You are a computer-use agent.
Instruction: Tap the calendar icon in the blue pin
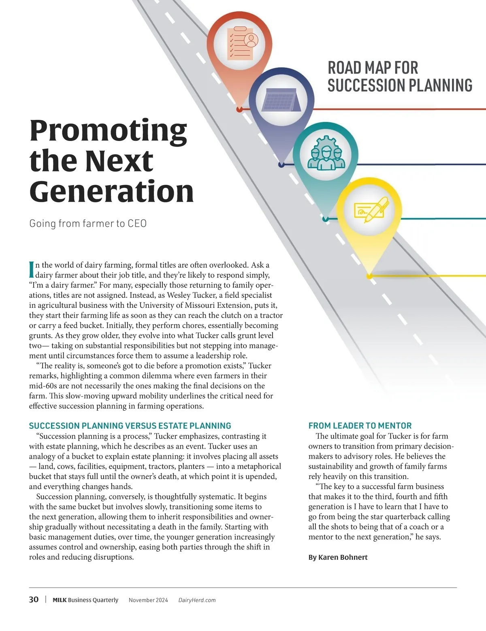point(280,100)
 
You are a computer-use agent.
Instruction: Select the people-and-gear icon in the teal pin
point(326,154)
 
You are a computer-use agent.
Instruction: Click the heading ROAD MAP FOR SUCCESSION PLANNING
point(400,77)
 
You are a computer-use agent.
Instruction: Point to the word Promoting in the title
point(109,130)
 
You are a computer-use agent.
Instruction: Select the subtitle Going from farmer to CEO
point(88,224)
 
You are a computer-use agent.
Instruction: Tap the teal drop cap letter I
point(32,270)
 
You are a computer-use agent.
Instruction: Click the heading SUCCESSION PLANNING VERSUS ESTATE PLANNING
point(130,426)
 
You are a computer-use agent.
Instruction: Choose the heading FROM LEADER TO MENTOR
point(360,426)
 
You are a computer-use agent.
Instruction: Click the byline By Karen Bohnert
point(338,557)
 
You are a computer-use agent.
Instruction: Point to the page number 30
point(34,599)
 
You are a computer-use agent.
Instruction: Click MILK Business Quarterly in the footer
point(85,600)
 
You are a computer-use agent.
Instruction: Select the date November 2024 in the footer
point(148,600)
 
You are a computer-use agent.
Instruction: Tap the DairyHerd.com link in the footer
point(197,600)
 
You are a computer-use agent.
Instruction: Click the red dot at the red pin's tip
point(239,109)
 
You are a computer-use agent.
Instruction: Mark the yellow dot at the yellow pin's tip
point(369,276)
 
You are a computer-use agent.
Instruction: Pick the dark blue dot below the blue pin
point(281,165)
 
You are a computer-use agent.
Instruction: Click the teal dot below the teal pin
point(326,220)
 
